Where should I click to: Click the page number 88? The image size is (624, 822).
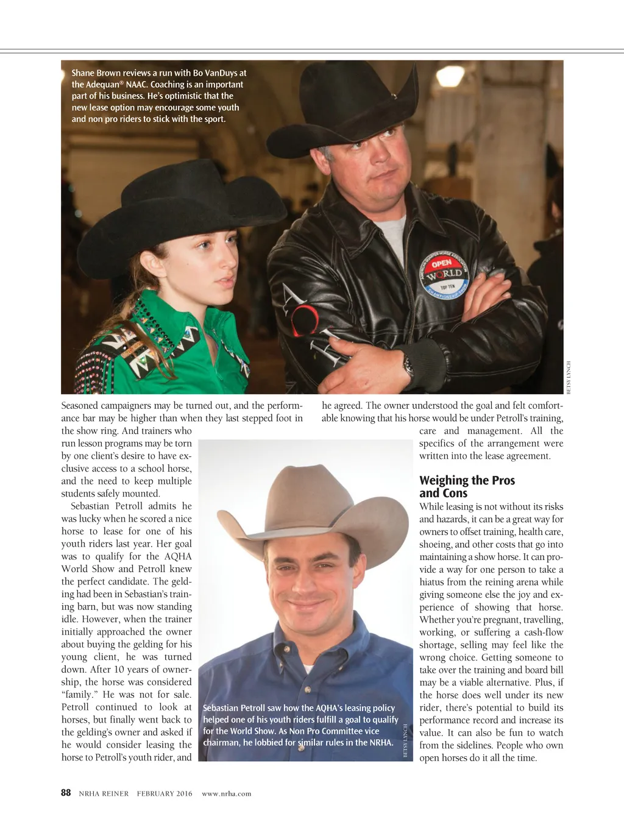[x=66, y=793]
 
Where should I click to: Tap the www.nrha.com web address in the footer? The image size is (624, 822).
[x=226, y=793]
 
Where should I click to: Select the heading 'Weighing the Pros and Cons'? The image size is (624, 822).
[x=467, y=487]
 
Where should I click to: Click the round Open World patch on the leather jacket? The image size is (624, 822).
[x=447, y=276]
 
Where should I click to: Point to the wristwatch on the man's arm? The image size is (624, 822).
[x=408, y=365]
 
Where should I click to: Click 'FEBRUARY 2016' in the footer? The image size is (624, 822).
[x=164, y=793]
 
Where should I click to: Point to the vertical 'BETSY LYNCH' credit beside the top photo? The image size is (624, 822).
[x=569, y=377]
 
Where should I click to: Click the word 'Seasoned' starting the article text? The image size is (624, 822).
[x=82, y=406]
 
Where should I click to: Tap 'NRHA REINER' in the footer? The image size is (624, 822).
[x=104, y=793]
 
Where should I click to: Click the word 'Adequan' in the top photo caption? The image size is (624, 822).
[x=99, y=85]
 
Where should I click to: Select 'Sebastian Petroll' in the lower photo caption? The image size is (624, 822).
[x=233, y=708]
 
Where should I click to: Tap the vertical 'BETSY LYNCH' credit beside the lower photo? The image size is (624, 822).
[x=405, y=740]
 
